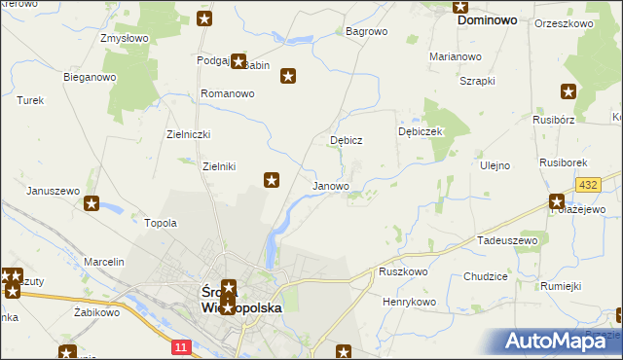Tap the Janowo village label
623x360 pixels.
pos(330,186)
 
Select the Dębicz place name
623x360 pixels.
pos(346,140)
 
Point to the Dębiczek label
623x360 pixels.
pos(421,131)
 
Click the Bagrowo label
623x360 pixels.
pos(367,31)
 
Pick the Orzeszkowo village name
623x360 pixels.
pos(564,22)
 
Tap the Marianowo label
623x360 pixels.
pos(456,56)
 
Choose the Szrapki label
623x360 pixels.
pos(477,80)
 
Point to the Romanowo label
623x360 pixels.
pos(227,93)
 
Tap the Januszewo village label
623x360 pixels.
pos(53,191)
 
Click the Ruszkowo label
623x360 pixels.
pos(404,272)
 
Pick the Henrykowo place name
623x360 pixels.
pos(409,302)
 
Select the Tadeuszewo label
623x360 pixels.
pos(507,239)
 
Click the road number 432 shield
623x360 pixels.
pos(587,185)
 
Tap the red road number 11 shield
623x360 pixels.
pos(181,346)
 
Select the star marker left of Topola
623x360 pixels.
pos(92,203)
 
